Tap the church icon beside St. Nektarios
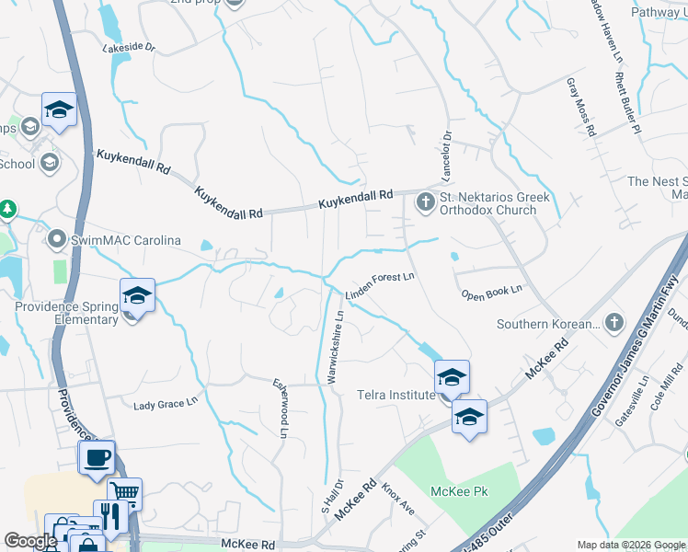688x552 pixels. click(x=426, y=201)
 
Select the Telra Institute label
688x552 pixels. click(x=396, y=395)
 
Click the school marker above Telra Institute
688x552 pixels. click(x=452, y=376)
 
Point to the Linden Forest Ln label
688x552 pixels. click(x=381, y=285)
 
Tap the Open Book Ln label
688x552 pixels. click(x=491, y=291)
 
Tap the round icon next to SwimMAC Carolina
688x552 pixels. click(x=57, y=241)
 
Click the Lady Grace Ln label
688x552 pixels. click(x=166, y=403)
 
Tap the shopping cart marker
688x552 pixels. click(x=124, y=492)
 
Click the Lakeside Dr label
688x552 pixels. click(x=130, y=46)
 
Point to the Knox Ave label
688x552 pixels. click(x=399, y=501)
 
